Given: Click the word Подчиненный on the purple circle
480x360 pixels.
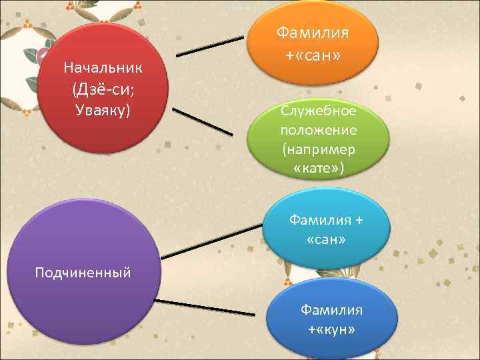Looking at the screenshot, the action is pos(83,272).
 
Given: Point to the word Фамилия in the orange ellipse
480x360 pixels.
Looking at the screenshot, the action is pos(313,33).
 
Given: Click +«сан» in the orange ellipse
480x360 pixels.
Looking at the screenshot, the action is pos(313,55).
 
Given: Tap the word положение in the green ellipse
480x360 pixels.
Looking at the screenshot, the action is pos(319,129).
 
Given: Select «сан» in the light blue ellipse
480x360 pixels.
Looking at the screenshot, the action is pos(326,238).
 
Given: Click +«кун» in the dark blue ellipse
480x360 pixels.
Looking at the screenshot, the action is pos(331,329).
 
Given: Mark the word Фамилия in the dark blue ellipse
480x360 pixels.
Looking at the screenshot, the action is pos(331,310).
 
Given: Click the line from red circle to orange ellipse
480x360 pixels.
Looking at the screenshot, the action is pos(209,46).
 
